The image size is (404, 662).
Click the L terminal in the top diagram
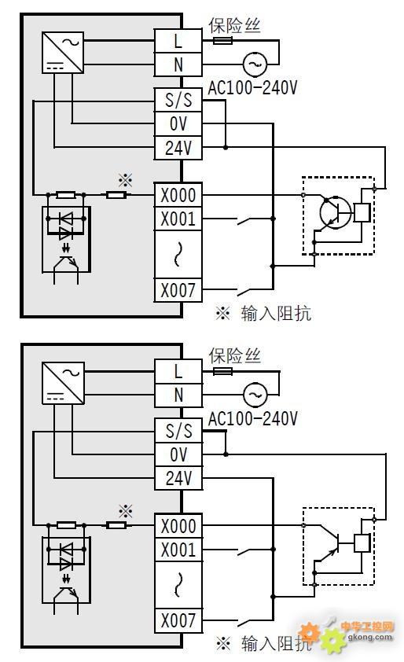tap(178, 41)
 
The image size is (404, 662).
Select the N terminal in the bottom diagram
tap(178, 395)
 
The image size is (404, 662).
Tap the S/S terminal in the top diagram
tap(178, 100)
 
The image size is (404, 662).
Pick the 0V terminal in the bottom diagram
tap(178, 454)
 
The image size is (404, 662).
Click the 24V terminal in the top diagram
tap(178, 148)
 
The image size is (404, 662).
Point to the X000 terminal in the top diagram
tap(178, 195)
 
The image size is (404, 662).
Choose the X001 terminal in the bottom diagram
tap(178, 550)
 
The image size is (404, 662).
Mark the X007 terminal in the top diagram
tap(178, 290)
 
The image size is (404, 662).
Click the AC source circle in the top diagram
tap(255, 64)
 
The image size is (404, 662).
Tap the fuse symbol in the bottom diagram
tap(222, 372)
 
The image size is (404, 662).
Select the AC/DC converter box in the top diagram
tap(63, 53)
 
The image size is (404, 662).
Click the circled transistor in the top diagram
tap(336, 212)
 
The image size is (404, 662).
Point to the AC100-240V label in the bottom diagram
tap(252, 419)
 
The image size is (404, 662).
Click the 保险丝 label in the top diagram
tap(234, 26)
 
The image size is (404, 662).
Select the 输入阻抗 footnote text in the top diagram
tap(276, 314)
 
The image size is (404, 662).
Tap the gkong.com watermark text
tap(369, 637)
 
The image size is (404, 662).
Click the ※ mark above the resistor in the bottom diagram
tap(126, 511)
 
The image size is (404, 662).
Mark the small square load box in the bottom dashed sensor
tap(362, 543)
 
